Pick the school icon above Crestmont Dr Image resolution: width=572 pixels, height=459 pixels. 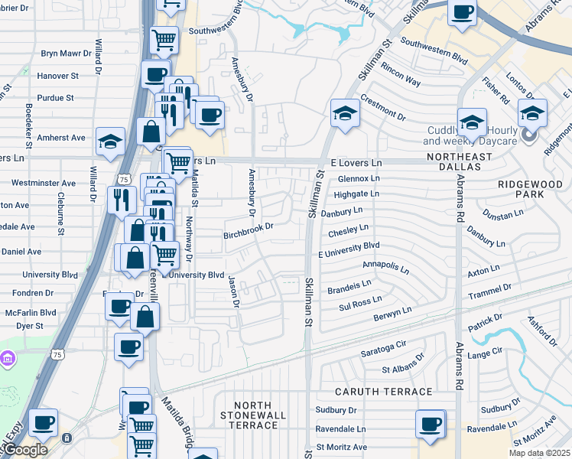tap(345, 114)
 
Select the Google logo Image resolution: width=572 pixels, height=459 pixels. tap(24, 450)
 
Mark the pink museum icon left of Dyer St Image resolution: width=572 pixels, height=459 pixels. tap(8, 358)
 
